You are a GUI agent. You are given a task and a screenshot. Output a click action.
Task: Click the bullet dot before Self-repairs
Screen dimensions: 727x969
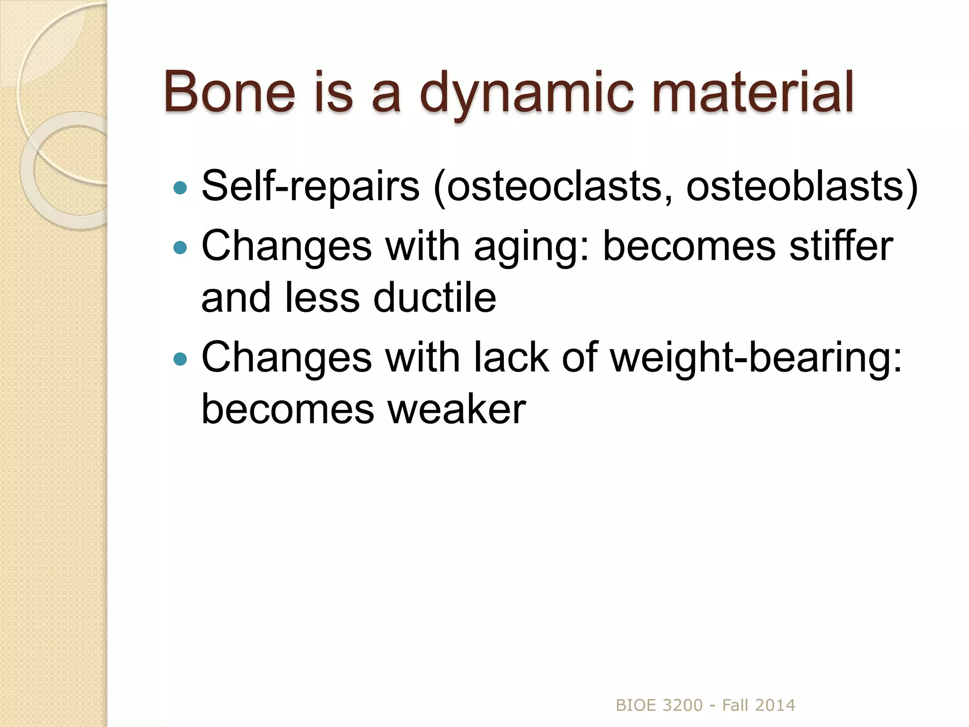180,188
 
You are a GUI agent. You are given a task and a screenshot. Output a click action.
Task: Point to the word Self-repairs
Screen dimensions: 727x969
310,186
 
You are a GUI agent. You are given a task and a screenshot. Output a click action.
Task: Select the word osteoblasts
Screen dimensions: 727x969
795,186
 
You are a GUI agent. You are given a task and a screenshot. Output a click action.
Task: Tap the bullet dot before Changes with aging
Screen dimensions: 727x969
180,247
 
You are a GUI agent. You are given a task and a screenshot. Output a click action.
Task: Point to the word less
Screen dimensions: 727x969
322,298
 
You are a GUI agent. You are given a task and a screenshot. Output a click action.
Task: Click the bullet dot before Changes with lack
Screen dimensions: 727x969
180,359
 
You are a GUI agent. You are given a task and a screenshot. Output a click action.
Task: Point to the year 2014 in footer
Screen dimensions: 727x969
775,705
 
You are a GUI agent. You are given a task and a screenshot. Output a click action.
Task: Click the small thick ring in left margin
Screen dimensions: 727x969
64,170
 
